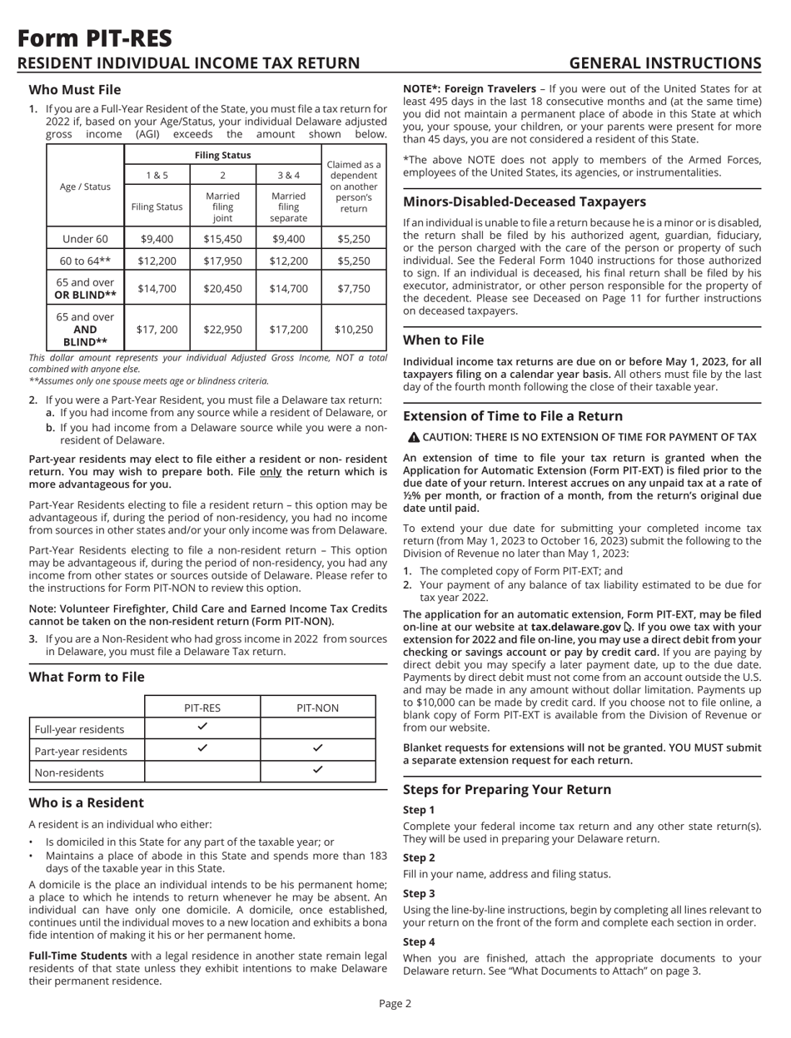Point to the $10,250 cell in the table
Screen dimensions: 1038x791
click(x=354, y=329)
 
